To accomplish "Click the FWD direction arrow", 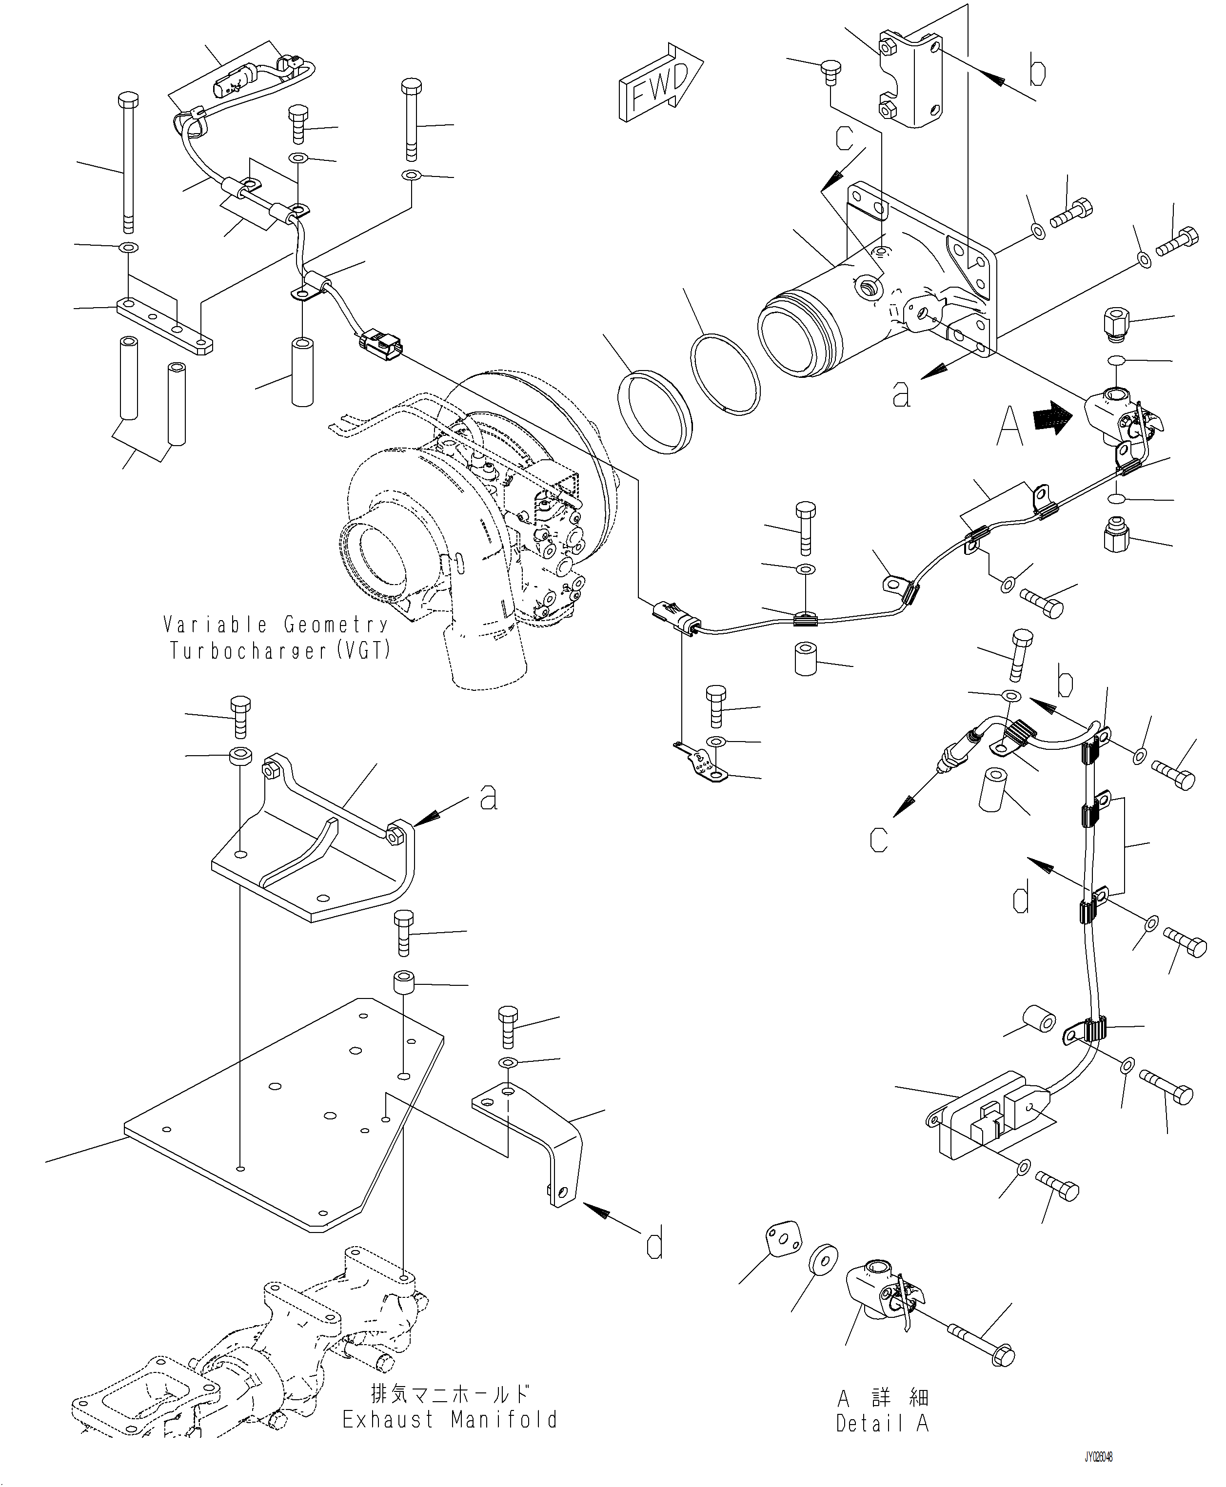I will point(660,83).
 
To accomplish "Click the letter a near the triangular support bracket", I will point(488,798).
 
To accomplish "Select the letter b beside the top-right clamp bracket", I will point(1037,73).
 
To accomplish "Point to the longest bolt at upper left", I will point(128,162).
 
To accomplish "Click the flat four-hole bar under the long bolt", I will point(164,326).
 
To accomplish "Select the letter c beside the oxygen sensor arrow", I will point(879,839).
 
